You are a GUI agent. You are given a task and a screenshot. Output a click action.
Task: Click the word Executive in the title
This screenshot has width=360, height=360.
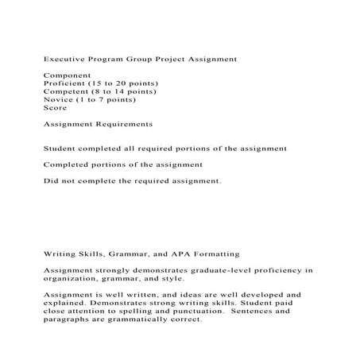click(63, 59)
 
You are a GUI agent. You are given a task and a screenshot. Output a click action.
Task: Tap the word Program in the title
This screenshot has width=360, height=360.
click(106, 59)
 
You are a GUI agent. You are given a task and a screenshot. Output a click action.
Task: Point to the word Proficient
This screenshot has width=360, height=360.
click(65, 83)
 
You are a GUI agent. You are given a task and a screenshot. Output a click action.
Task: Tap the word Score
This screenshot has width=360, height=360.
click(55, 108)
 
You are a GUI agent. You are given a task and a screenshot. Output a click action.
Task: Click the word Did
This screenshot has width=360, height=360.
click(49, 181)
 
